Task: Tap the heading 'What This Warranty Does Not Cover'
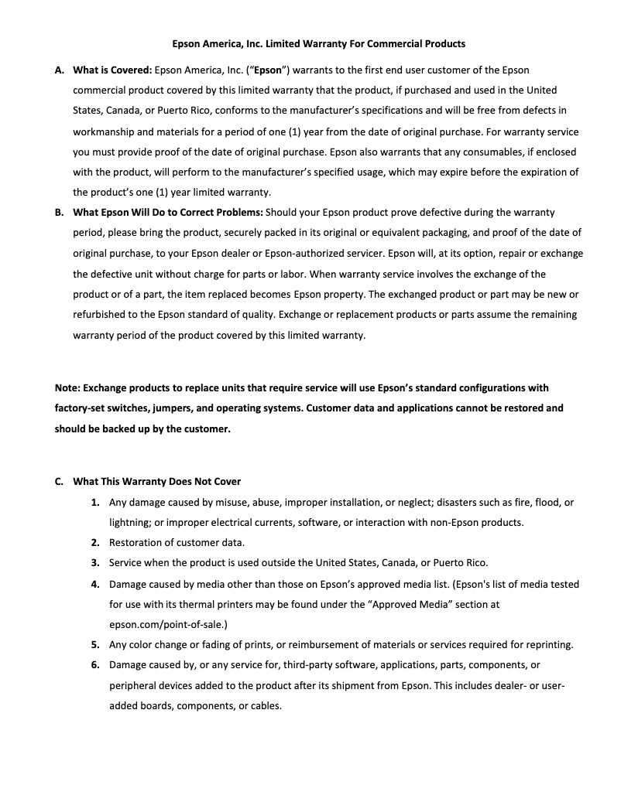pyautogui.click(x=156, y=482)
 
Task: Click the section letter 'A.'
pyautogui.click(x=60, y=70)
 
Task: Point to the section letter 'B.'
pyautogui.click(x=60, y=212)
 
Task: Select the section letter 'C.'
pyautogui.click(x=60, y=482)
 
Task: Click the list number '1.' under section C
pyautogui.click(x=95, y=503)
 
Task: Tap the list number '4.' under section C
pyautogui.click(x=95, y=584)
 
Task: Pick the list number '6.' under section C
pyautogui.click(x=95, y=665)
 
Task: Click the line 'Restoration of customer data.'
pyautogui.click(x=177, y=543)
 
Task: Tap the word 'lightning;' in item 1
pyautogui.click(x=130, y=523)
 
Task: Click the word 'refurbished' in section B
pyautogui.click(x=101, y=315)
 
